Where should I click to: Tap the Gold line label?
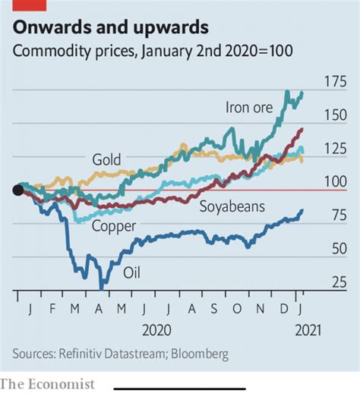pyautogui.click(x=107, y=160)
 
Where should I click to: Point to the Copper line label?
pyautogui.click(x=114, y=226)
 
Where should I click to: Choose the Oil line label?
pyautogui.click(x=133, y=272)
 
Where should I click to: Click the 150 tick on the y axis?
pyautogui.click(x=335, y=116)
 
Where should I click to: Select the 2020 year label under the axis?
pyautogui.click(x=156, y=331)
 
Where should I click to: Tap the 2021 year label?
pyautogui.click(x=307, y=331)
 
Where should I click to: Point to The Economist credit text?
pyautogui.click(x=47, y=383)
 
